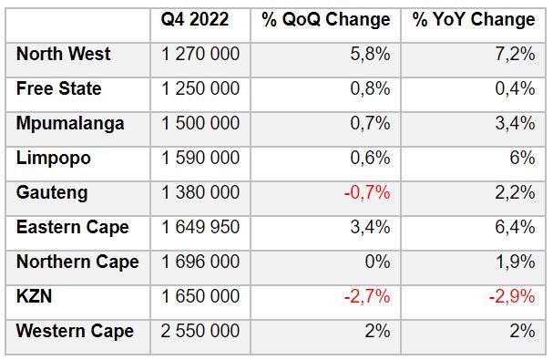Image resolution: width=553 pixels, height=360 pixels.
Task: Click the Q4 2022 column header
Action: pos(195,19)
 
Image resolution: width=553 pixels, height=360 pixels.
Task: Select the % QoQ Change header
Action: pos(325,19)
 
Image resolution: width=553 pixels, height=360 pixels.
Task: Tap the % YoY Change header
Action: pos(474,19)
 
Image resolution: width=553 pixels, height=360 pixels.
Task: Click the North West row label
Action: pos(63,54)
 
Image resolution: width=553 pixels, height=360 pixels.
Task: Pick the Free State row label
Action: pos(58,88)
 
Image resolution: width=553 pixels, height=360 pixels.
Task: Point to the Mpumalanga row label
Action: pos(69,123)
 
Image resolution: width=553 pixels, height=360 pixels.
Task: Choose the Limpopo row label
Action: pos(53,158)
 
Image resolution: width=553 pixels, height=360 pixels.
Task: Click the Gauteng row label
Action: pos(52,192)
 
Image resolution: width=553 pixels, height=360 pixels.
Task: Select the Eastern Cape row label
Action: pos(72,227)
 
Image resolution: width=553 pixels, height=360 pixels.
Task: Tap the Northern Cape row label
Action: pos(77,262)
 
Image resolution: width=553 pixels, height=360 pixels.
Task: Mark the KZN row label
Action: pos(34,296)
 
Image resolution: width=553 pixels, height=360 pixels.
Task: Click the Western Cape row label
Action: pos(75,331)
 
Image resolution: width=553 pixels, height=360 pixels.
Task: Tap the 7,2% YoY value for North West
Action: pos(516,54)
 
